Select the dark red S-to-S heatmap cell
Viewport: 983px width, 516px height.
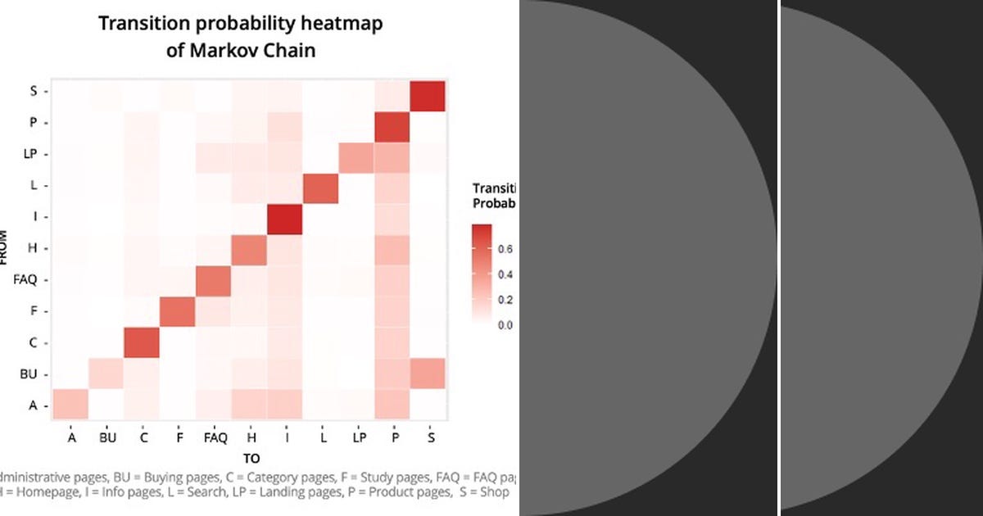[x=427, y=95]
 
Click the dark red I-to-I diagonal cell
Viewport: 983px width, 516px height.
[x=285, y=218]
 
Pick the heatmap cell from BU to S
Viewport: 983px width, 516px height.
[x=427, y=373]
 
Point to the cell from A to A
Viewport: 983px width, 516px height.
[x=70, y=405]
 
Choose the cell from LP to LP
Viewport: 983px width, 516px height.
[x=356, y=156]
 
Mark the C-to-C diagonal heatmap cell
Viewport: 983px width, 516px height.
[x=143, y=342]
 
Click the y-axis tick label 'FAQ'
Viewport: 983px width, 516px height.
[x=25, y=280]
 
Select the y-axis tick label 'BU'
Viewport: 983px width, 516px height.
[x=29, y=374]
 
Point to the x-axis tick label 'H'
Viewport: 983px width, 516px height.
[x=250, y=438]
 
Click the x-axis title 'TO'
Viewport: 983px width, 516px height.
[x=251, y=459]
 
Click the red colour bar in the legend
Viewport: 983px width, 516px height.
[x=481, y=274]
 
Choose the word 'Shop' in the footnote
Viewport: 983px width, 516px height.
[x=495, y=492]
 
